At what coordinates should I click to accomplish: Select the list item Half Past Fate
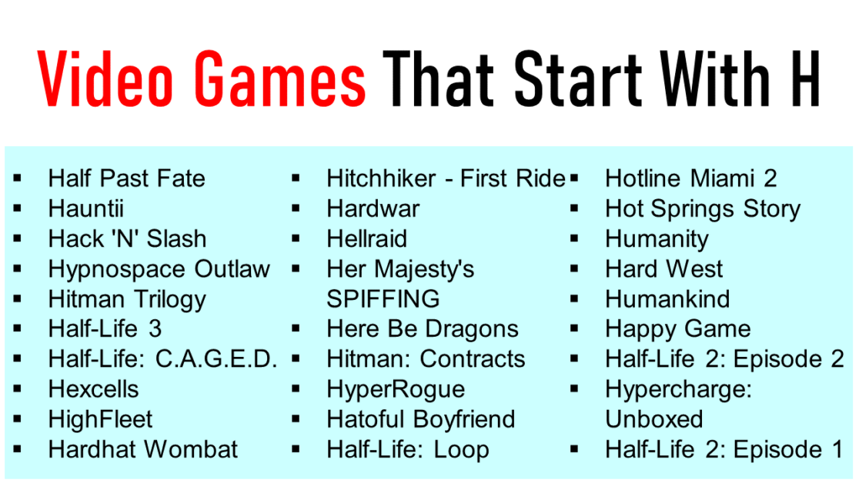tap(126, 178)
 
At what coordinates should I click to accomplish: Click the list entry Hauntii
tap(85, 208)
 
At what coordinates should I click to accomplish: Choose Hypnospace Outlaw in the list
tap(159, 269)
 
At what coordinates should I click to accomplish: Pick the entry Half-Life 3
tap(105, 329)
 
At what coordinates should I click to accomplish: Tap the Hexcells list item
tap(93, 389)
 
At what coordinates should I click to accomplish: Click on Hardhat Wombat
tap(143, 449)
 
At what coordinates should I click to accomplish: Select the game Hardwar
tap(373, 208)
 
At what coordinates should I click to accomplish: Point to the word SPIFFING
tap(383, 299)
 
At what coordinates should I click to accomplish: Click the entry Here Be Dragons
tap(422, 329)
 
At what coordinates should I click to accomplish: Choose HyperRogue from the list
tap(395, 389)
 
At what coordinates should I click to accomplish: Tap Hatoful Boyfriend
tap(420, 419)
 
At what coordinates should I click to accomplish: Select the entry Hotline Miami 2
tap(690, 178)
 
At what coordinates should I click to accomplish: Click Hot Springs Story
tap(703, 208)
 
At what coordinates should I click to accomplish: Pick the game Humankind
tap(667, 299)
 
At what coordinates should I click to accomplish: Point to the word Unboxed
tap(654, 419)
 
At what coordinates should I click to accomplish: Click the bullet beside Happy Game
tap(574, 329)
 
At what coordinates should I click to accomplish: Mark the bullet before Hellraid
tap(296, 239)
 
